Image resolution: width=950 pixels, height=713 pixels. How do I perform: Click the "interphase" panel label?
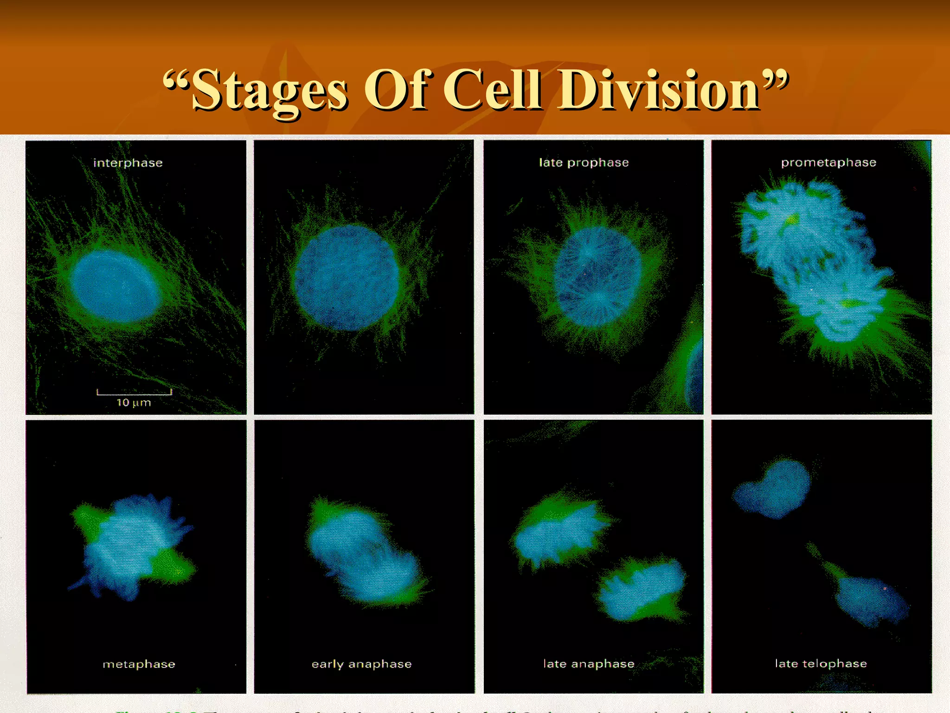coord(128,163)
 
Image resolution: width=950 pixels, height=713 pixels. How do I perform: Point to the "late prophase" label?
coord(584,162)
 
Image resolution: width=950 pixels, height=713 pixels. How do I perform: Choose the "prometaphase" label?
coord(828,162)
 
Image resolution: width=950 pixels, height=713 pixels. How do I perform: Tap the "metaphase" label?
coord(139,664)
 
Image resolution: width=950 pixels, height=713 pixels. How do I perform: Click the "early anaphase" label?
coord(361,664)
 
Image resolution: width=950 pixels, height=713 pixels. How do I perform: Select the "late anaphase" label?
coord(589,664)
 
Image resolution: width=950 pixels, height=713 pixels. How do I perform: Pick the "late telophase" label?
coord(821,663)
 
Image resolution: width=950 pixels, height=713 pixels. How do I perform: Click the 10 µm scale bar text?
coord(134,402)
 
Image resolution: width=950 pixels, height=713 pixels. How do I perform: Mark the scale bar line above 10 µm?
coord(134,393)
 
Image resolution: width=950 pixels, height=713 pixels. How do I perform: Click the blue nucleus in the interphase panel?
coord(115,286)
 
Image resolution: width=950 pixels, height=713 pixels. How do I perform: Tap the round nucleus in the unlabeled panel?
coord(347,278)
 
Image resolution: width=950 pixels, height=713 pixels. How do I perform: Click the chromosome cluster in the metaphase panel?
coord(130,545)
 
